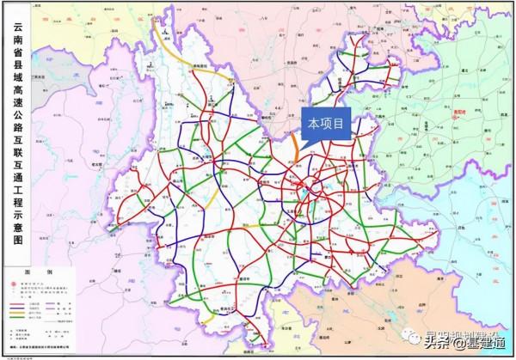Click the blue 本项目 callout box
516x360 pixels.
(326, 125)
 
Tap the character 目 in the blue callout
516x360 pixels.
(341, 125)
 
